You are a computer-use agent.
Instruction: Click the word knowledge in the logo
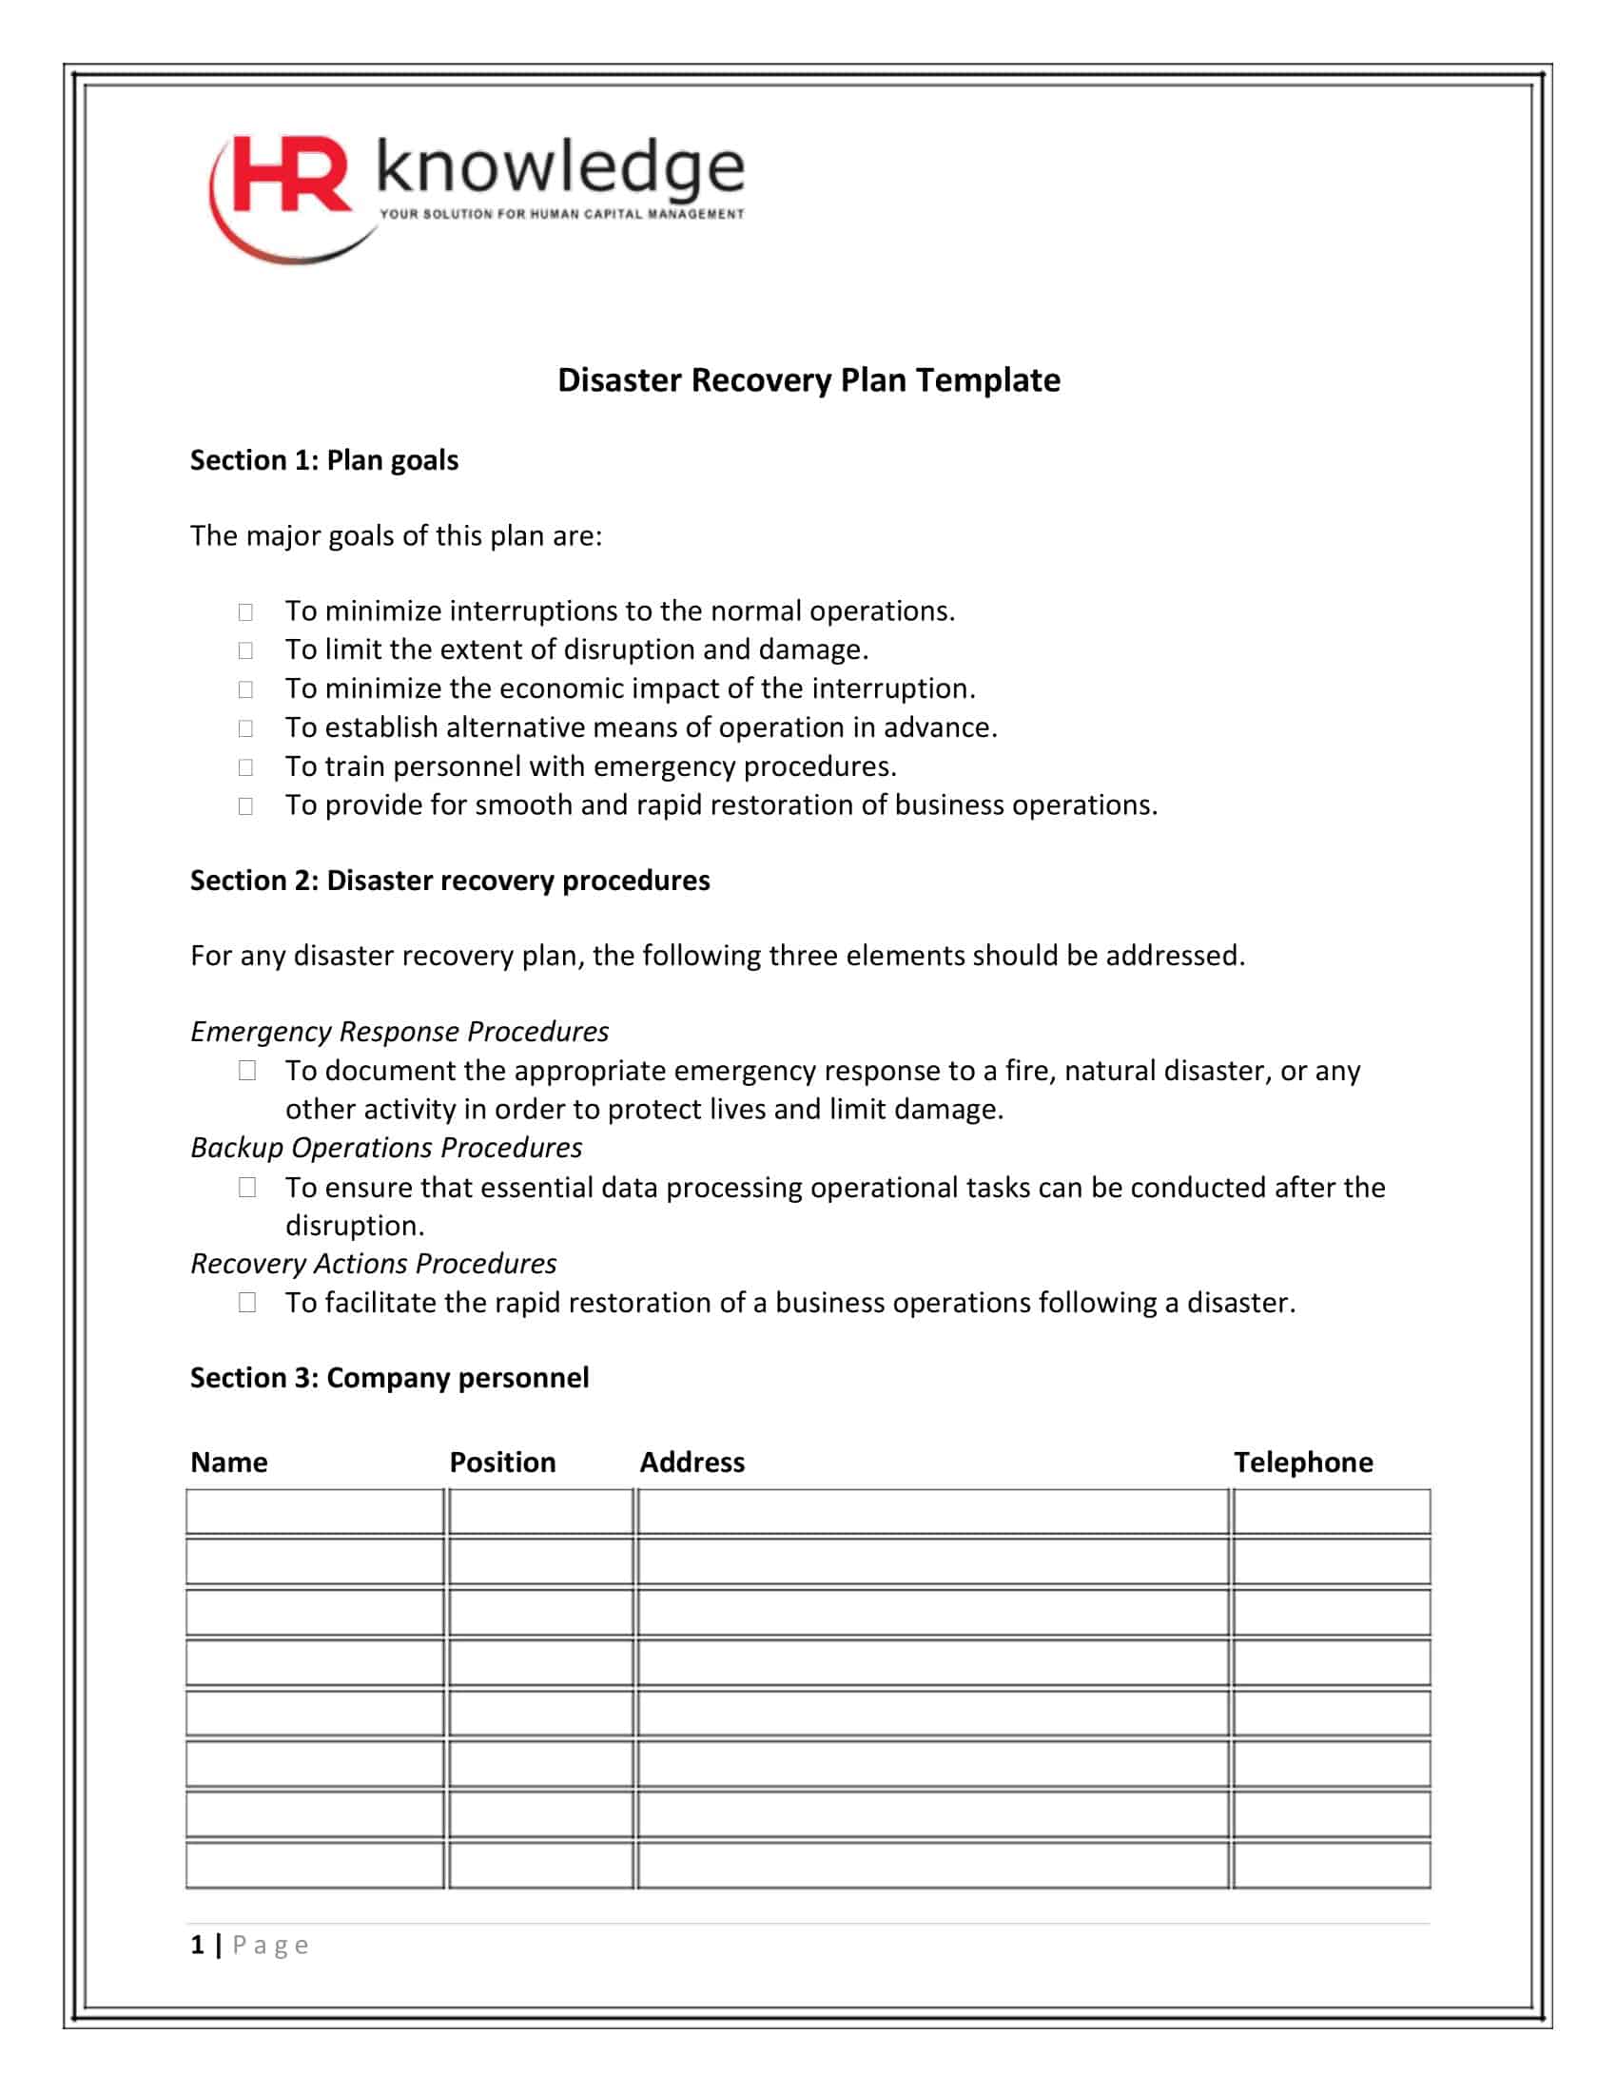pyautogui.click(x=560, y=166)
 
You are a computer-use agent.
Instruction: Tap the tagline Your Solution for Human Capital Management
pyautogui.click(x=561, y=214)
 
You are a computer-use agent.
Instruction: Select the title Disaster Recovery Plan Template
pyautogui.click(x=808, y=380)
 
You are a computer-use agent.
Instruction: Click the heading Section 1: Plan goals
pyautogui.click(x=323, y=461)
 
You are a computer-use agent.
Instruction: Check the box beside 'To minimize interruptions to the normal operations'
pyautogui.click(x=245, y=611)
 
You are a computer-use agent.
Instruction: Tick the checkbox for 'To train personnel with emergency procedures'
pyautogui.click(x=245, y=767)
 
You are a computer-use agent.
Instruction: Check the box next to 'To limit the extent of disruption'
pyautogui.click(x=245, y=650)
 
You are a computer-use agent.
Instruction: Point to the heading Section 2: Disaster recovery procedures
pyautogui.click(x=449, y=881)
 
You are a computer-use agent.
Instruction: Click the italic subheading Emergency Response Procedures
pyautogui.click(x=399, y=1032)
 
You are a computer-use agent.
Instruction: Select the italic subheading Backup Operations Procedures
pyautogui.click(x=386, y=1148)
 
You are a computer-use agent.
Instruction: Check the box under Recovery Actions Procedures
pyautogui.click(x=247, y=1303)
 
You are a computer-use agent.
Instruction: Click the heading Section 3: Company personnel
pyautogui.click(x=389, y=1378)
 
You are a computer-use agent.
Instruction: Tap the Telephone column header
pyautogui.click(x=1303, y=1462)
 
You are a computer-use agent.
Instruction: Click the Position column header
pyautogui.click(x=502, y=1462)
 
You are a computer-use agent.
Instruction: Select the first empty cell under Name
pyautogui.click(x=315, y=1512)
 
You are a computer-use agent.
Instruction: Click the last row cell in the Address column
pyautogui.click(x=932, y=1865)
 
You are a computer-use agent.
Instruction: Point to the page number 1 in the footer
pyautogui.click(x=197, y=1945)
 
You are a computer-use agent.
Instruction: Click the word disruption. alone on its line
pyautogui.click(x=355, y=1226)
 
